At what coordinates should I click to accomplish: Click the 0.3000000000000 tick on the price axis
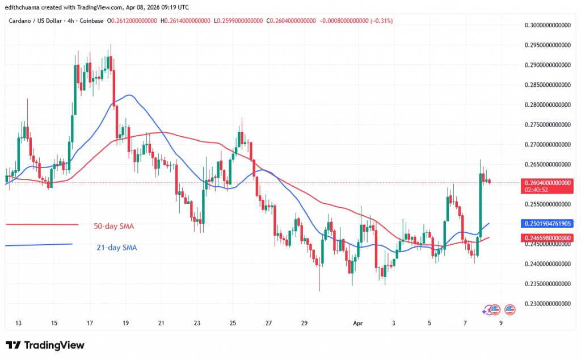pos(548,25)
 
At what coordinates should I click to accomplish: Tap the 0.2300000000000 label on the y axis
pos(548,303)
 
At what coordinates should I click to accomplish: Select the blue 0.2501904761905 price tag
pos(548,223)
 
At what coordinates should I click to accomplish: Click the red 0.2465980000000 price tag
pos(548,237)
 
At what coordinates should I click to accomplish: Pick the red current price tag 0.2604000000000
pos(548,182)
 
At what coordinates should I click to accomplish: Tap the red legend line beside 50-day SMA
pos(41,224)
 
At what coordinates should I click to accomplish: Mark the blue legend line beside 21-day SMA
pos(39,245)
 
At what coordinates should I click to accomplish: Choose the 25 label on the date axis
pos(233,323)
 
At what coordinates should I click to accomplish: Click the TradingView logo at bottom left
pos(45,345)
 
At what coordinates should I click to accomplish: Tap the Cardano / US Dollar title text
pos(33,21)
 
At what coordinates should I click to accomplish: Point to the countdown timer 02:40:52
pos(539,191)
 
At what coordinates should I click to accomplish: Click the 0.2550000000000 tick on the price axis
pos(548,204)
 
